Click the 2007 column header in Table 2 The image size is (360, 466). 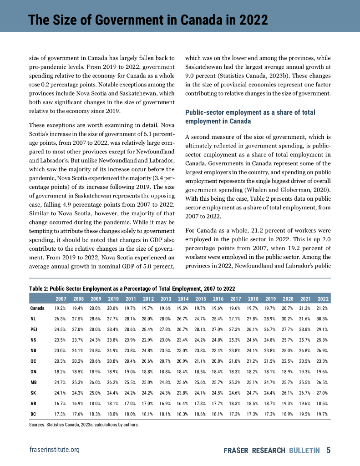pos(61,299)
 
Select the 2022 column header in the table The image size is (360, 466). pos(323,299)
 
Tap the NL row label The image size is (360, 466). pos(34,318)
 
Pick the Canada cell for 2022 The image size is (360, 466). pos(323,308)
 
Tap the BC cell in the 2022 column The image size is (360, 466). pos(323,414)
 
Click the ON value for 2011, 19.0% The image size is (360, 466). pos(130,371)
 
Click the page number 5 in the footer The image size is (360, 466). pos(328,451)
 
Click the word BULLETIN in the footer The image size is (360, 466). pos(304,451)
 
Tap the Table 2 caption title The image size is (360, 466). pos(131,288)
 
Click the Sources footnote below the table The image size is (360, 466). pos(83,425)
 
